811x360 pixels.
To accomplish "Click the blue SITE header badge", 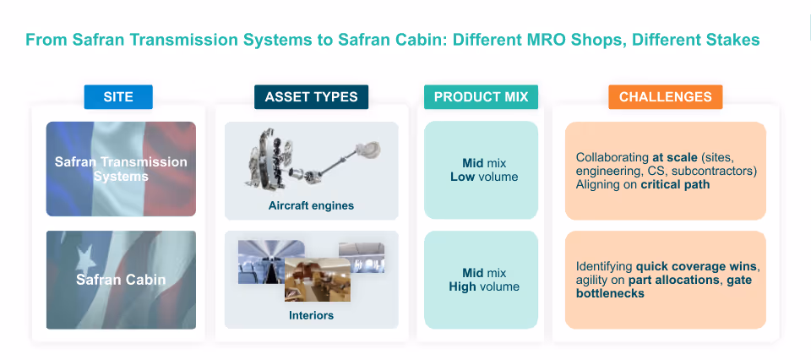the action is click(x=118, y=97).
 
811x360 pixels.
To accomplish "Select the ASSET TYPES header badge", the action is click(x=311, y=97).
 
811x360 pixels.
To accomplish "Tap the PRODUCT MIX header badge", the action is click(x=481, y=97).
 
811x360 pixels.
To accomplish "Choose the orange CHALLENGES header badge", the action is click(x=665, y=97).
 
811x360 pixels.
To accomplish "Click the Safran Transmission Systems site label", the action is click(x=121, y=169).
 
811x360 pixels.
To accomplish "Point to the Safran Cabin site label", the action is click(x=121, y=279).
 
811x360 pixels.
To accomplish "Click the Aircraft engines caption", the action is click(x=311, y=205).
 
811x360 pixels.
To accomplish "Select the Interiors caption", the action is click(x=311, y=315).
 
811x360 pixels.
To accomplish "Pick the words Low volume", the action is click(x=484, y=177).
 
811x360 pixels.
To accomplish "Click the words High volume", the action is click(x=484, y=286).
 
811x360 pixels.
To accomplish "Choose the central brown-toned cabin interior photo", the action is click(x=317, y=277).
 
